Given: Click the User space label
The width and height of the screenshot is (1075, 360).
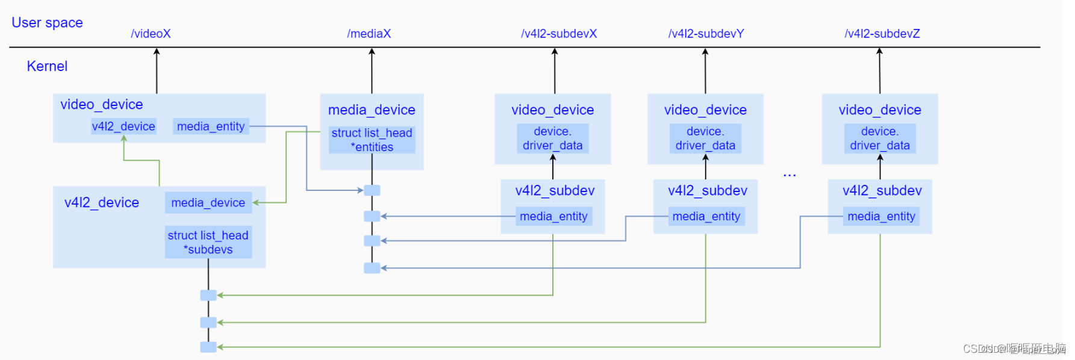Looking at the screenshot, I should point(47,23).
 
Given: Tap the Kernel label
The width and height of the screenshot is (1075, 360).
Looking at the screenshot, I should point(47,66).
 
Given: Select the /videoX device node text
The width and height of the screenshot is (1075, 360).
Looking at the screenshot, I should point(151,34).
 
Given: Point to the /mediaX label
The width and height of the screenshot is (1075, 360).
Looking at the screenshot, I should point(369,34).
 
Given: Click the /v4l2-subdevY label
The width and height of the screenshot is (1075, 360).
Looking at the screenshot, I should point(706,34).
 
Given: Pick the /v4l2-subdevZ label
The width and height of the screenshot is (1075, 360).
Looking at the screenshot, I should point(882,34).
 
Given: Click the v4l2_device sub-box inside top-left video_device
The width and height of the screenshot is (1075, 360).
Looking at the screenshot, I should point(123,126).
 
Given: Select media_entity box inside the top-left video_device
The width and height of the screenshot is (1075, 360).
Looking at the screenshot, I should point(211,126).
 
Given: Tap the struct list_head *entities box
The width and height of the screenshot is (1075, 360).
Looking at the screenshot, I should point(372,140).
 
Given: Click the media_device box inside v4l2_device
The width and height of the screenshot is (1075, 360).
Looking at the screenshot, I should point(208,203).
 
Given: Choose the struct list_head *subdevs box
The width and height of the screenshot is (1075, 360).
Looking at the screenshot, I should point(208,242).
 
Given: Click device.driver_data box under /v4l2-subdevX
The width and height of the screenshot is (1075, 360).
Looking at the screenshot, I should point(552,138).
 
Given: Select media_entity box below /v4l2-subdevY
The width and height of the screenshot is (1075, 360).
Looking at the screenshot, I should point(706,216).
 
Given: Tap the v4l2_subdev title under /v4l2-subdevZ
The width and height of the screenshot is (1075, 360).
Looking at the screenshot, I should point(882,191).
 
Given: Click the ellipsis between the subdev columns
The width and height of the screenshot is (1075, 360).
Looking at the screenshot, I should point(790,175).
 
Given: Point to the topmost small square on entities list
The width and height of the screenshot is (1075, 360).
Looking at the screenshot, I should point(372,190).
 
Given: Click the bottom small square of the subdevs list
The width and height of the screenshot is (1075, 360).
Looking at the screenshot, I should point(208,347).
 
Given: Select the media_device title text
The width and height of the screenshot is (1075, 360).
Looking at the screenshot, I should point(372,110).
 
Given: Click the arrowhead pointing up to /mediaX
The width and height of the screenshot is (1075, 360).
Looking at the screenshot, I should point(372,52).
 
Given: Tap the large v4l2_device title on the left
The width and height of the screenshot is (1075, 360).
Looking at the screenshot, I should point(102,203).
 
